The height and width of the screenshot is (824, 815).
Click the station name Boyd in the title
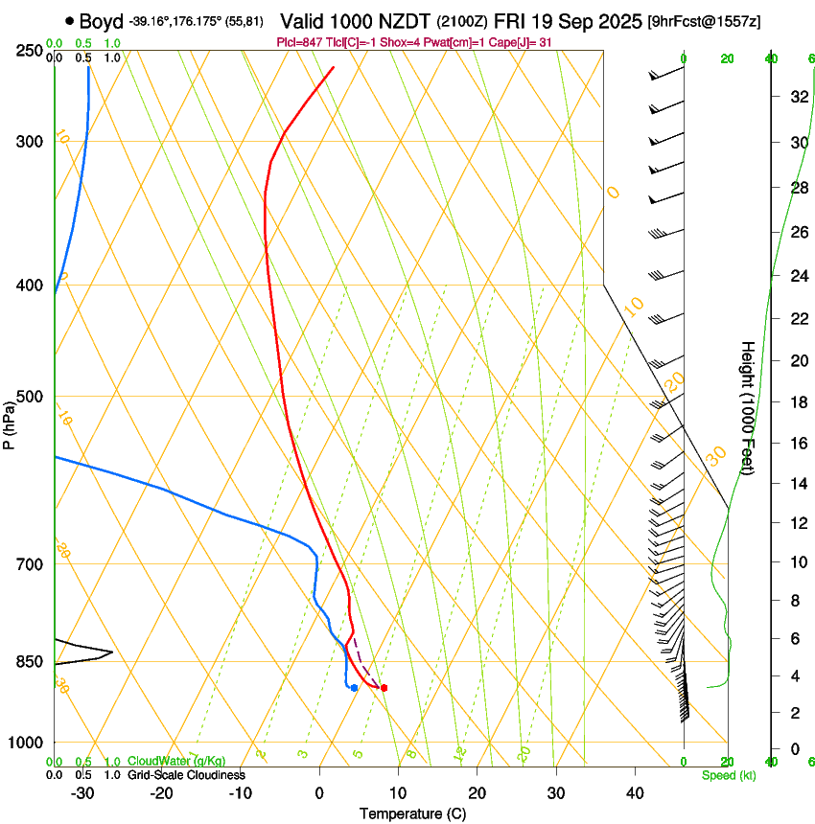coord(101,21)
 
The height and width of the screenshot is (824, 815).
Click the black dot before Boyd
coord(69,21)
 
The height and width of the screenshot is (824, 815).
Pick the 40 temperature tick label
coord(634,793)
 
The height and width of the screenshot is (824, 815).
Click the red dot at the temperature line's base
coord(384,688)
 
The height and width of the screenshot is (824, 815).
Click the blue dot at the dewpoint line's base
coord(354,688)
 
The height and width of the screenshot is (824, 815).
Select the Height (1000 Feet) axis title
coord(748,407)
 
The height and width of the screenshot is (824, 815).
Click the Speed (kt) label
coord(728,775)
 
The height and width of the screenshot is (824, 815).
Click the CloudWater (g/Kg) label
coord(176,761)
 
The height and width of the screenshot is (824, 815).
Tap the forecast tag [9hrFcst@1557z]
coord(705,21)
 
